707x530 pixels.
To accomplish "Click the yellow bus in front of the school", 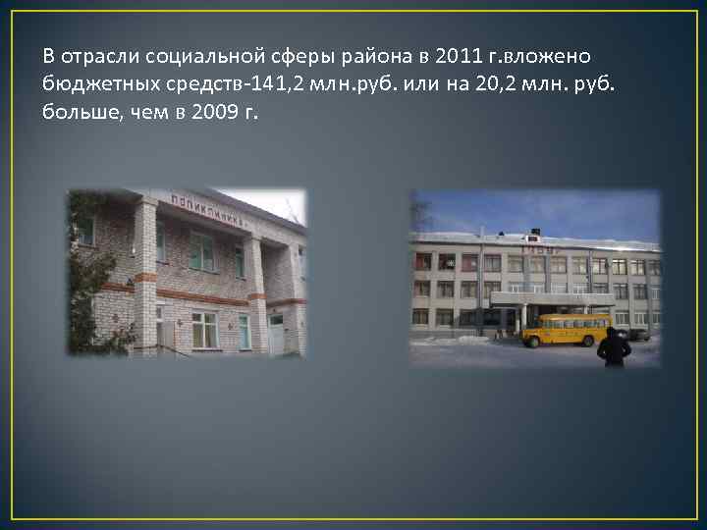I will coord(565,330).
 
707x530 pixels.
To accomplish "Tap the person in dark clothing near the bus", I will coord(614,347).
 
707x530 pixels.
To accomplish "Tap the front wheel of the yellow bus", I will coord(537,342).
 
